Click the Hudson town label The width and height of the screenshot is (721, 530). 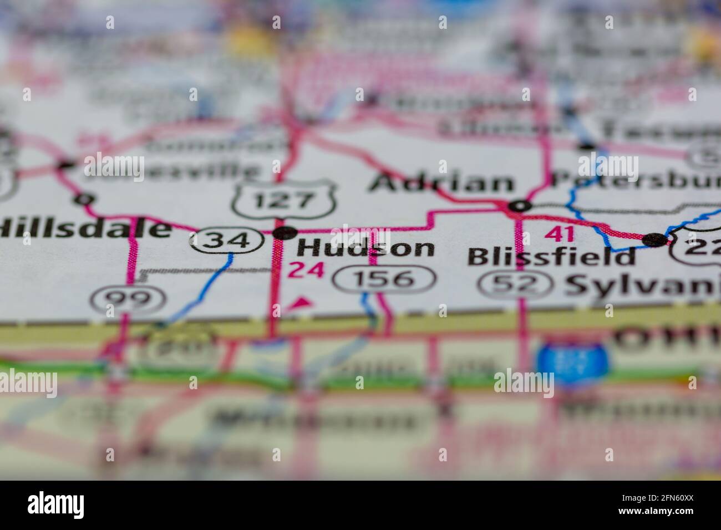pyautogui.click(x=366, y=247)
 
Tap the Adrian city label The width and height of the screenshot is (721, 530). pyautogui.click(x=442, y=183)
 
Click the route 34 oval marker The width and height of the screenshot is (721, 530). pyautogui.click(x=226, y=240)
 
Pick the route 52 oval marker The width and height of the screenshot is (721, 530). pyautogui.click(x=516, y=284)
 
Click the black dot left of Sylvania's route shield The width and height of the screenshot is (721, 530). pyautogui.click(x=654, y=239)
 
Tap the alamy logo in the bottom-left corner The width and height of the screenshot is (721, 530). pyautogui.click(x=56, y=505)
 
